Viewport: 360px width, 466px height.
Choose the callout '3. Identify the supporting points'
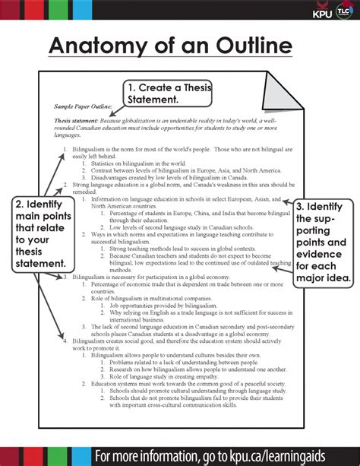pos(322,242)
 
